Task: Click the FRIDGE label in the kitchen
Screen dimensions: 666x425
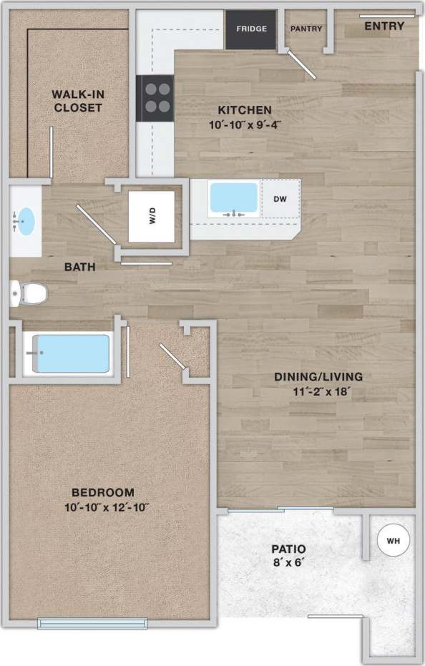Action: (x=251, y=29)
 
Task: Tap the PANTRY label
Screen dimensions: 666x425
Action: (x=306, y=29)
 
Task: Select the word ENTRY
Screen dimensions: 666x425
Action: (x=384, y=26)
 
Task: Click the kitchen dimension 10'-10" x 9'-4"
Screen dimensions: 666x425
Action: (x=245, y=124)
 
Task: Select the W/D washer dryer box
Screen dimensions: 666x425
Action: (x=152, y=217)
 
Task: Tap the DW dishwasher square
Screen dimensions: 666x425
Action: (x=280, y=199)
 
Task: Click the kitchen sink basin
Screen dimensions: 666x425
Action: (x=233, y=198)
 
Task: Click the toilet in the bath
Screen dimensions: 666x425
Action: (x=30, y=293)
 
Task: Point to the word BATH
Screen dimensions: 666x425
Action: (x=80, y=268)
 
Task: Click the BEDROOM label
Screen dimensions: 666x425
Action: (x=103, y=492)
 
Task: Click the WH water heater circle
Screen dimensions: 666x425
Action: (x=393, y=542)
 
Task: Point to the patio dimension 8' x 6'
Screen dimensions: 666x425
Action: (x=288, y=563)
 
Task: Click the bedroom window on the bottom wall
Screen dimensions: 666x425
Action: (x=92, y=623)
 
